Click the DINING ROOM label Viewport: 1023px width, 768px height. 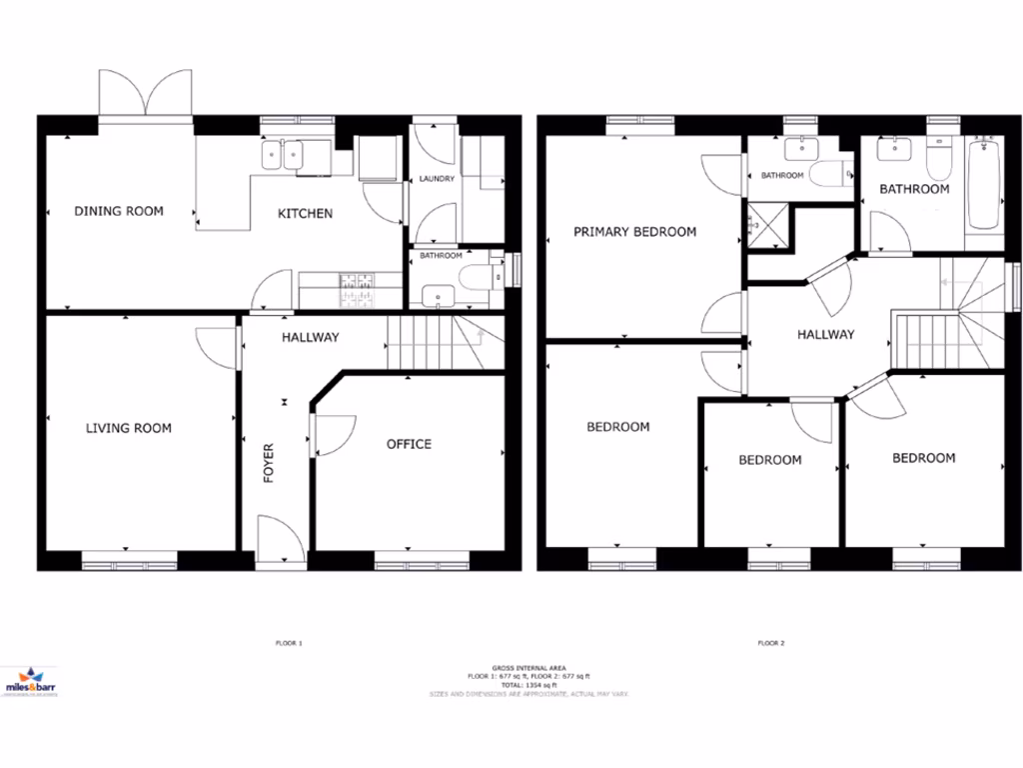[119, 211]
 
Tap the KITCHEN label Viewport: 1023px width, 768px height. [305, 213]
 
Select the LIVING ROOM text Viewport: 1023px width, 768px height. [128, 428]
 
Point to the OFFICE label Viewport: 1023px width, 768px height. [409, 444]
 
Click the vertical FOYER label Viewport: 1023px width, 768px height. [269, 465]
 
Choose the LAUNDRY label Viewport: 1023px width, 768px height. [437, 179]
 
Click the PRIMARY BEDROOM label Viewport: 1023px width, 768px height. [634, 232]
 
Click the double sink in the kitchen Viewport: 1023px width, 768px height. [283, 155]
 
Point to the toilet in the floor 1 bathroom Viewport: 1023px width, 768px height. [478, 275]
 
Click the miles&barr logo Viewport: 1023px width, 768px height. [31, 685]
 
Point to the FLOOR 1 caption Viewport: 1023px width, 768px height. [288, 642]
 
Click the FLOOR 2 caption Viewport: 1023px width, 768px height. [769, 642]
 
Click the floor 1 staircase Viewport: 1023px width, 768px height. [440, 344]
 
